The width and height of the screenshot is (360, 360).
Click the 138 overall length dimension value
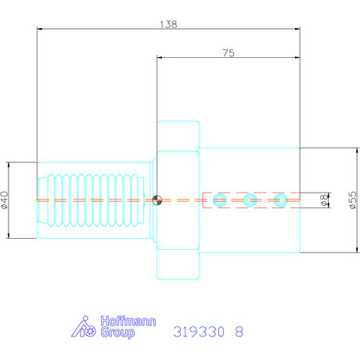point(168,24)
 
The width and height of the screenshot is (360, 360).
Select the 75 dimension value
point(228,53)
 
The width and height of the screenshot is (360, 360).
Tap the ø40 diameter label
point(5,200)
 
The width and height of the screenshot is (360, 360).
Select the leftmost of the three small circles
point(221,200)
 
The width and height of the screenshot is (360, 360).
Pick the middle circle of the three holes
point(250,200)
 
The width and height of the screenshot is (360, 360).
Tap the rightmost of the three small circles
point(280,200)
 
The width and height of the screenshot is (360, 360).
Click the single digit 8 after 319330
point(239,332)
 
